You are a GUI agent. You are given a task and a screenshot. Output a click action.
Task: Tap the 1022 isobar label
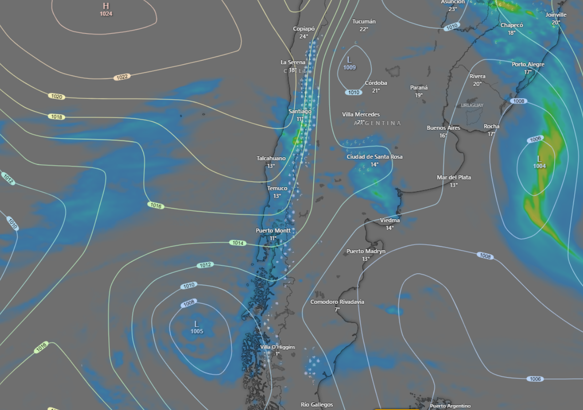pyautogui.click(x=122, y=77)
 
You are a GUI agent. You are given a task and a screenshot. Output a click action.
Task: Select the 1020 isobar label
pyautogui.click(x=56, y=97)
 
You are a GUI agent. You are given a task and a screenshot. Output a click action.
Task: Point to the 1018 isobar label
pyautogui.click(x=56, y=117)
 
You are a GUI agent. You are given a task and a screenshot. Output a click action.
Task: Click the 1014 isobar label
pyautogui.click(x=238, y=243)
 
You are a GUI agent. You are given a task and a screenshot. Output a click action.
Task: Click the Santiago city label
pyautogui.click(x=300, y=111)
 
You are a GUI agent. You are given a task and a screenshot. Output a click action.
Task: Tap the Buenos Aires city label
pyautogui.click(x=443, y=128)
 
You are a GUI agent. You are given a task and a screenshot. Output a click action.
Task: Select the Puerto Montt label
pyautogui.click(x=273, y=231)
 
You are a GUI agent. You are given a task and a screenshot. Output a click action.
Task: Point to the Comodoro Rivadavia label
pyautogui.click(x=337, y=302)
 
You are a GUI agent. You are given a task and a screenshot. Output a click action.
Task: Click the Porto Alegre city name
pyautogui.click(x=528, y=65)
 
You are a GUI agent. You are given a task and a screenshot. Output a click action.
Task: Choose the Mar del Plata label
pyautogui.click(x=454, y=177)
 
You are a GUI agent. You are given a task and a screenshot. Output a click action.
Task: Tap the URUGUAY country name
pyautogui.click(x=472, y=106)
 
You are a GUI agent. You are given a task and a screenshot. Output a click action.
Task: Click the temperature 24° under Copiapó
pyautogui.click(x=304, y=36)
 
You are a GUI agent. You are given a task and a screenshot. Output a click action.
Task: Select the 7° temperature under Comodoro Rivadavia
pyautogui.click(x=338, y=310)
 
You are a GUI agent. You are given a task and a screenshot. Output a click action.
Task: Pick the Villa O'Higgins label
pyautogui.click(x=277, y=347)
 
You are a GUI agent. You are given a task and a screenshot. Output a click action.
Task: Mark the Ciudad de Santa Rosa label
pyautogui.click(x=374, y=157)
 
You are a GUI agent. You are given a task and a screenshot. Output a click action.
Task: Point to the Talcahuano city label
pyautogui.click(x=271, y=159)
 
